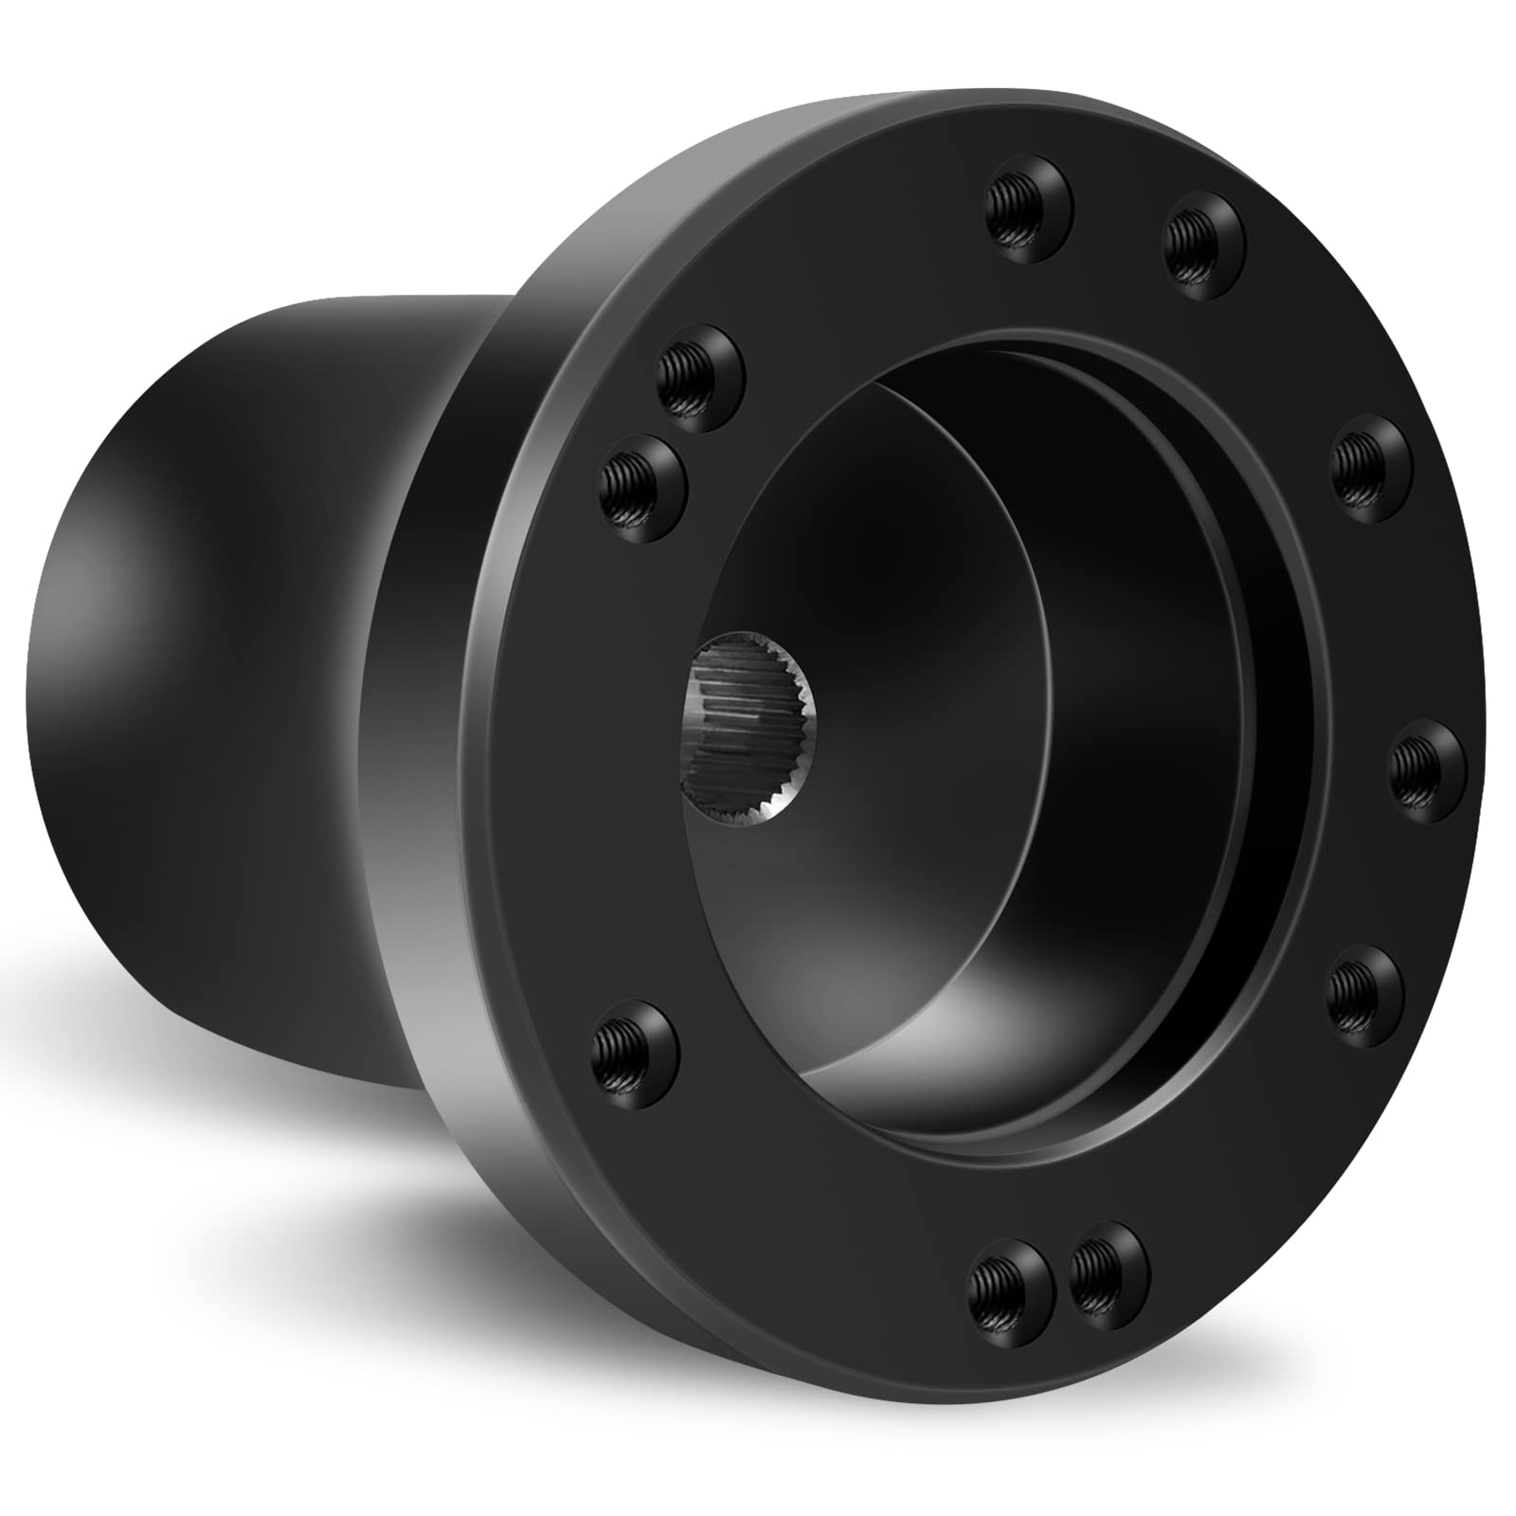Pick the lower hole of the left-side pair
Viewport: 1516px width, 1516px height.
(x=641, y=486)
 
